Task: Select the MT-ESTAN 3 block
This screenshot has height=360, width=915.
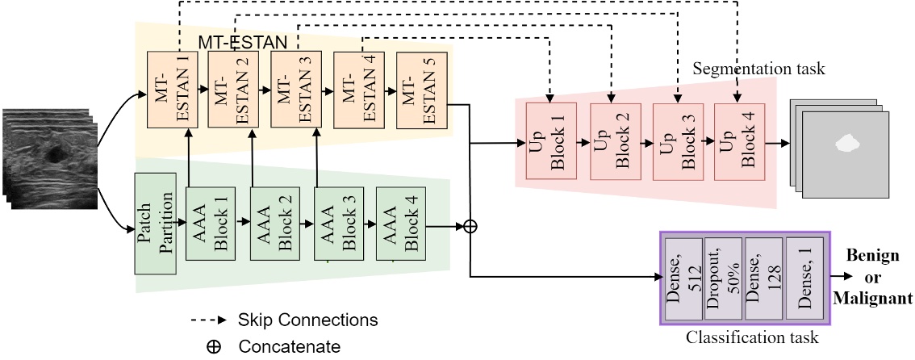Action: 291,90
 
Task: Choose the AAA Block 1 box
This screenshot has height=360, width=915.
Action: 207,224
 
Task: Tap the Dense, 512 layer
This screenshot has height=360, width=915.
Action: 681,276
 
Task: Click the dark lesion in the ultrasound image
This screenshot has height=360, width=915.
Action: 56,153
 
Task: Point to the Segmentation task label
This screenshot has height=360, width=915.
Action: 758,69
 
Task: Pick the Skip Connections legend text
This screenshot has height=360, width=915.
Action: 308,320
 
